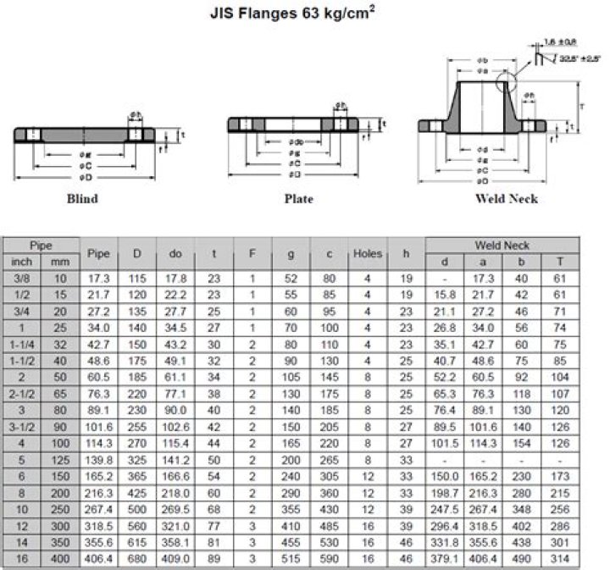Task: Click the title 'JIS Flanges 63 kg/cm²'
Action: pos(292,14)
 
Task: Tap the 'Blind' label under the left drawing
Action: pos(82,199)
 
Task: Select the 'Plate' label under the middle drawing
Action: pos(299,199)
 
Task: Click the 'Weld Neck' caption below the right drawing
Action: pos(506,199)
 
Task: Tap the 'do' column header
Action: pos(175,253)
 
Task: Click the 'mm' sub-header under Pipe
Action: pos(60,262)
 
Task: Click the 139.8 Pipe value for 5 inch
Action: pos(99,458)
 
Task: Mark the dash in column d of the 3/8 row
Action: pos(445,278)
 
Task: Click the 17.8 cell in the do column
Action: pos(175,278)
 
